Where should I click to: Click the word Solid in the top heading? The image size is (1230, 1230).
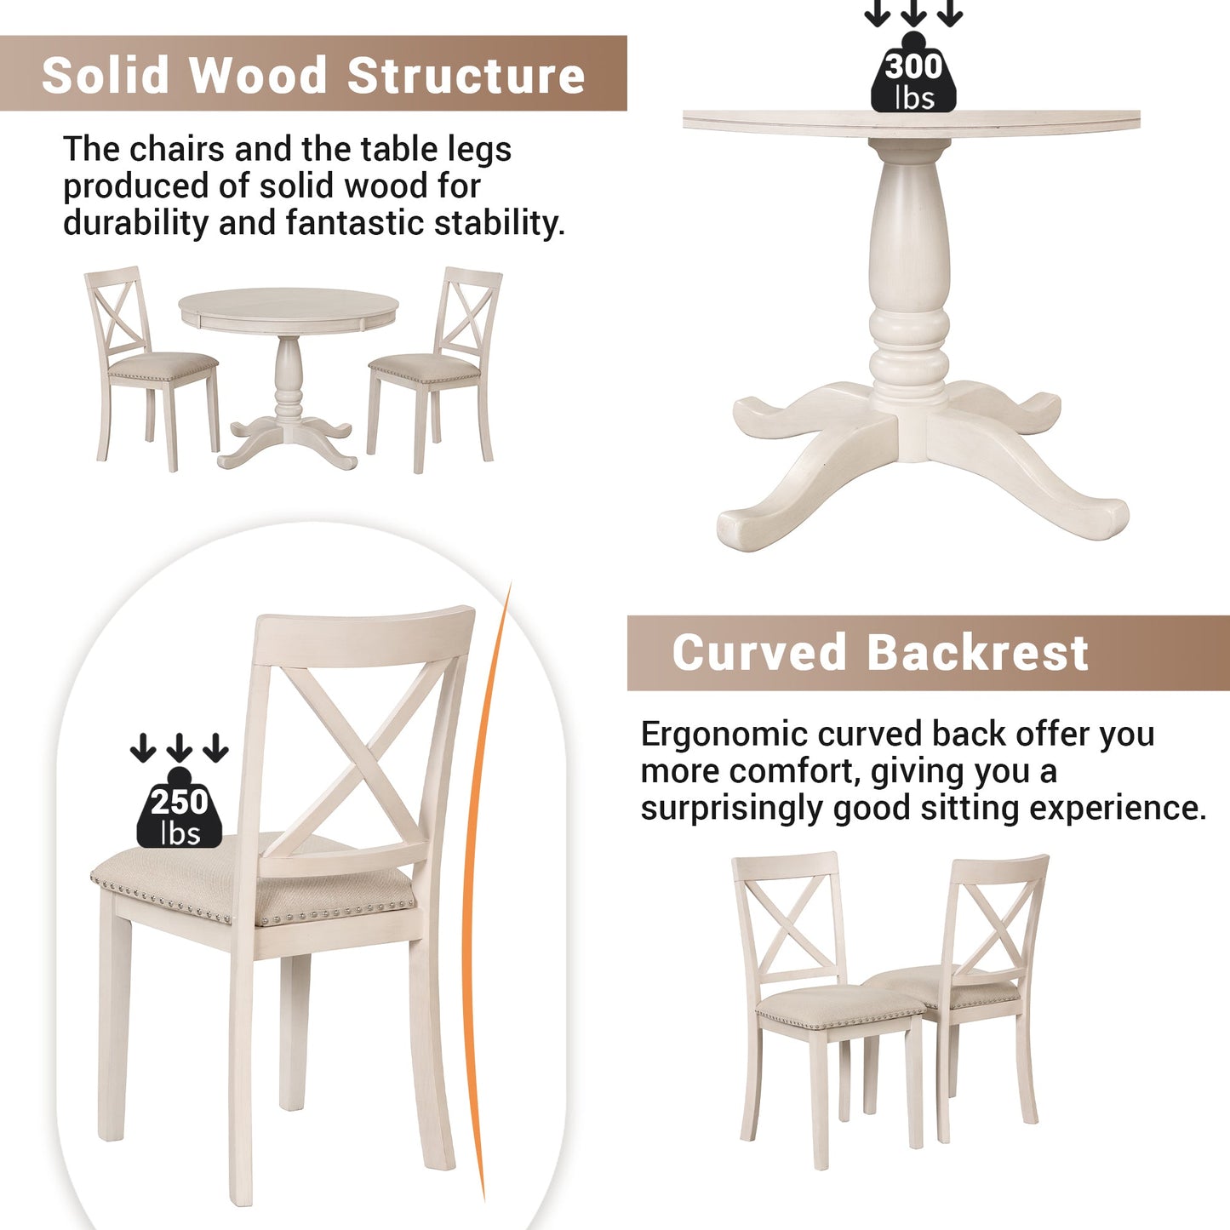click(106, 75)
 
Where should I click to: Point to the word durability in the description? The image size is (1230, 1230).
click(135, 223)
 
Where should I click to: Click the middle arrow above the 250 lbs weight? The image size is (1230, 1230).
click(180, 747)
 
